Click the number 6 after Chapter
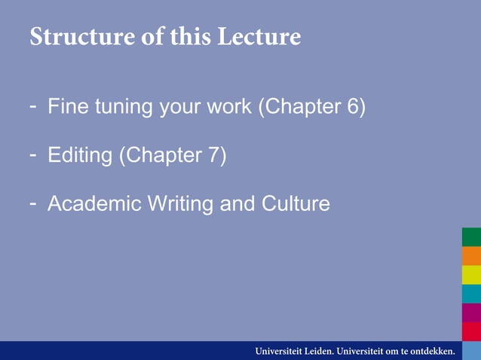[x=352, y=108]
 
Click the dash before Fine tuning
[x=33, y=106]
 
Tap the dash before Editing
[x=33, y=154]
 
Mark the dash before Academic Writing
[x=33, y=203]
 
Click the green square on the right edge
[x=471, y=237]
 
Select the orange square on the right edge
[x=471, y=256]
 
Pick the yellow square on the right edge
[x=471, y=275]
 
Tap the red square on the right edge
[x=471, y=331]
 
